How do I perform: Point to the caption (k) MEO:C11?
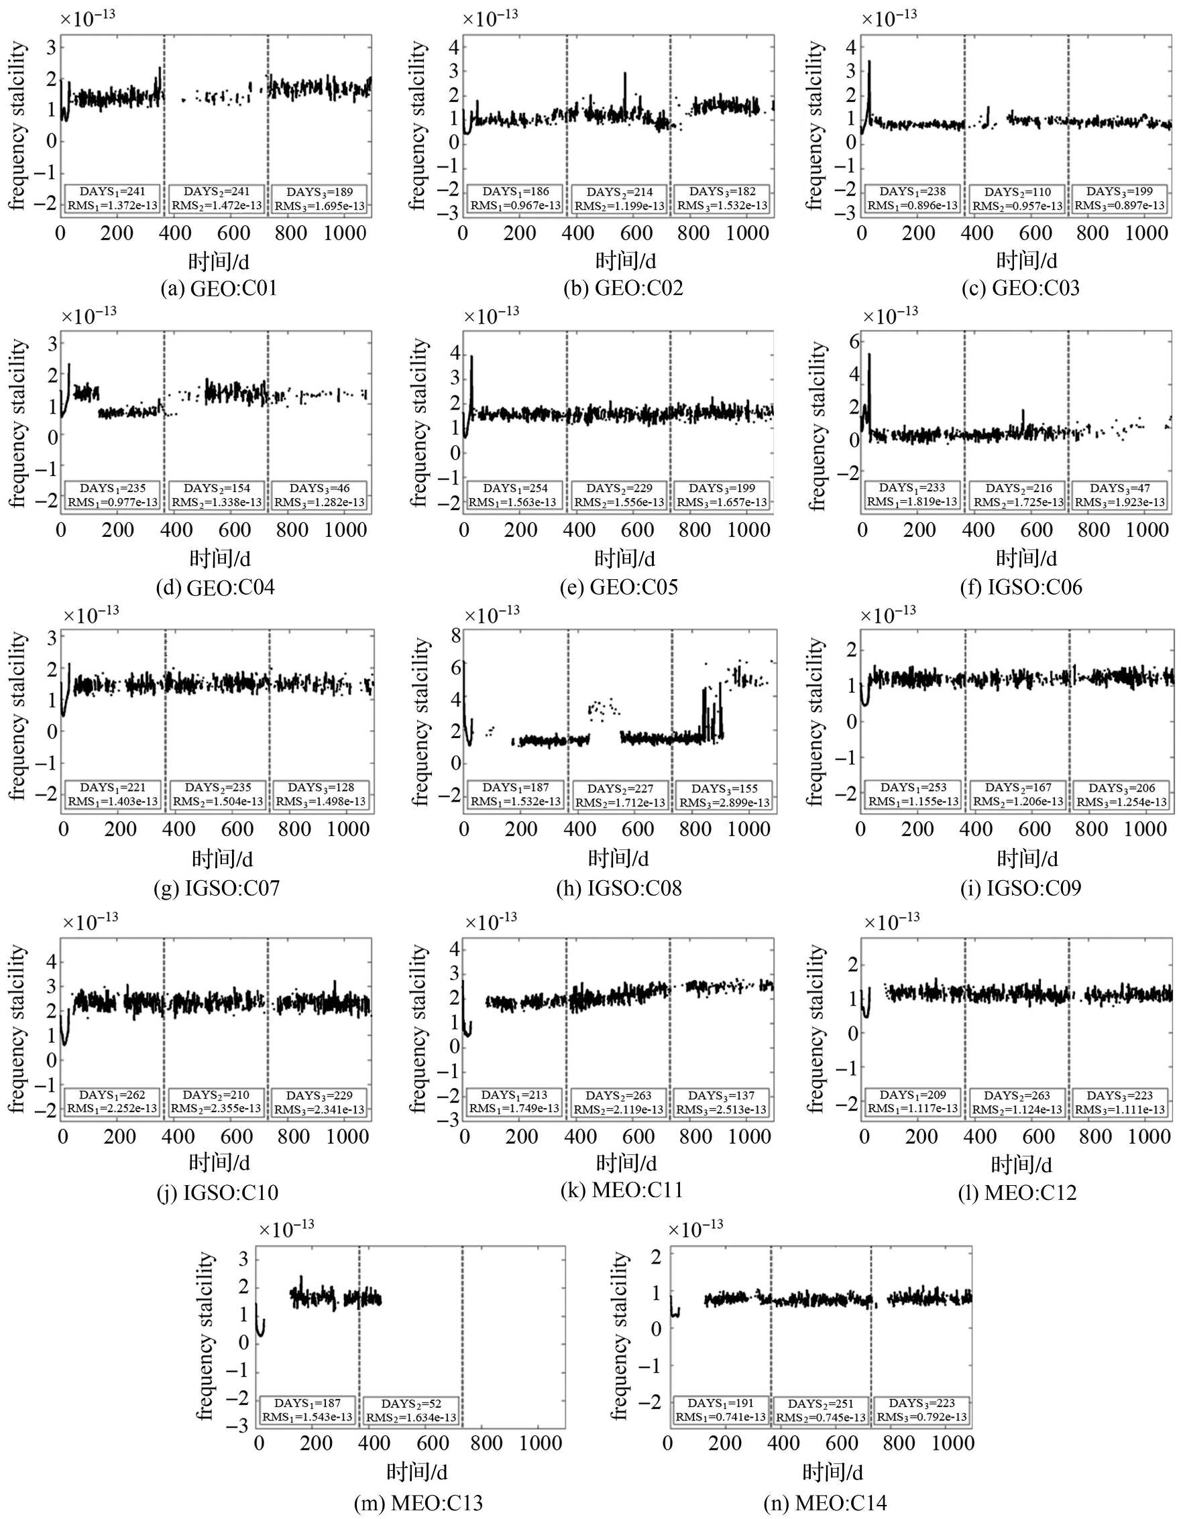[622, 1190]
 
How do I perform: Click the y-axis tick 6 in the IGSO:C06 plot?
[853, 341]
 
